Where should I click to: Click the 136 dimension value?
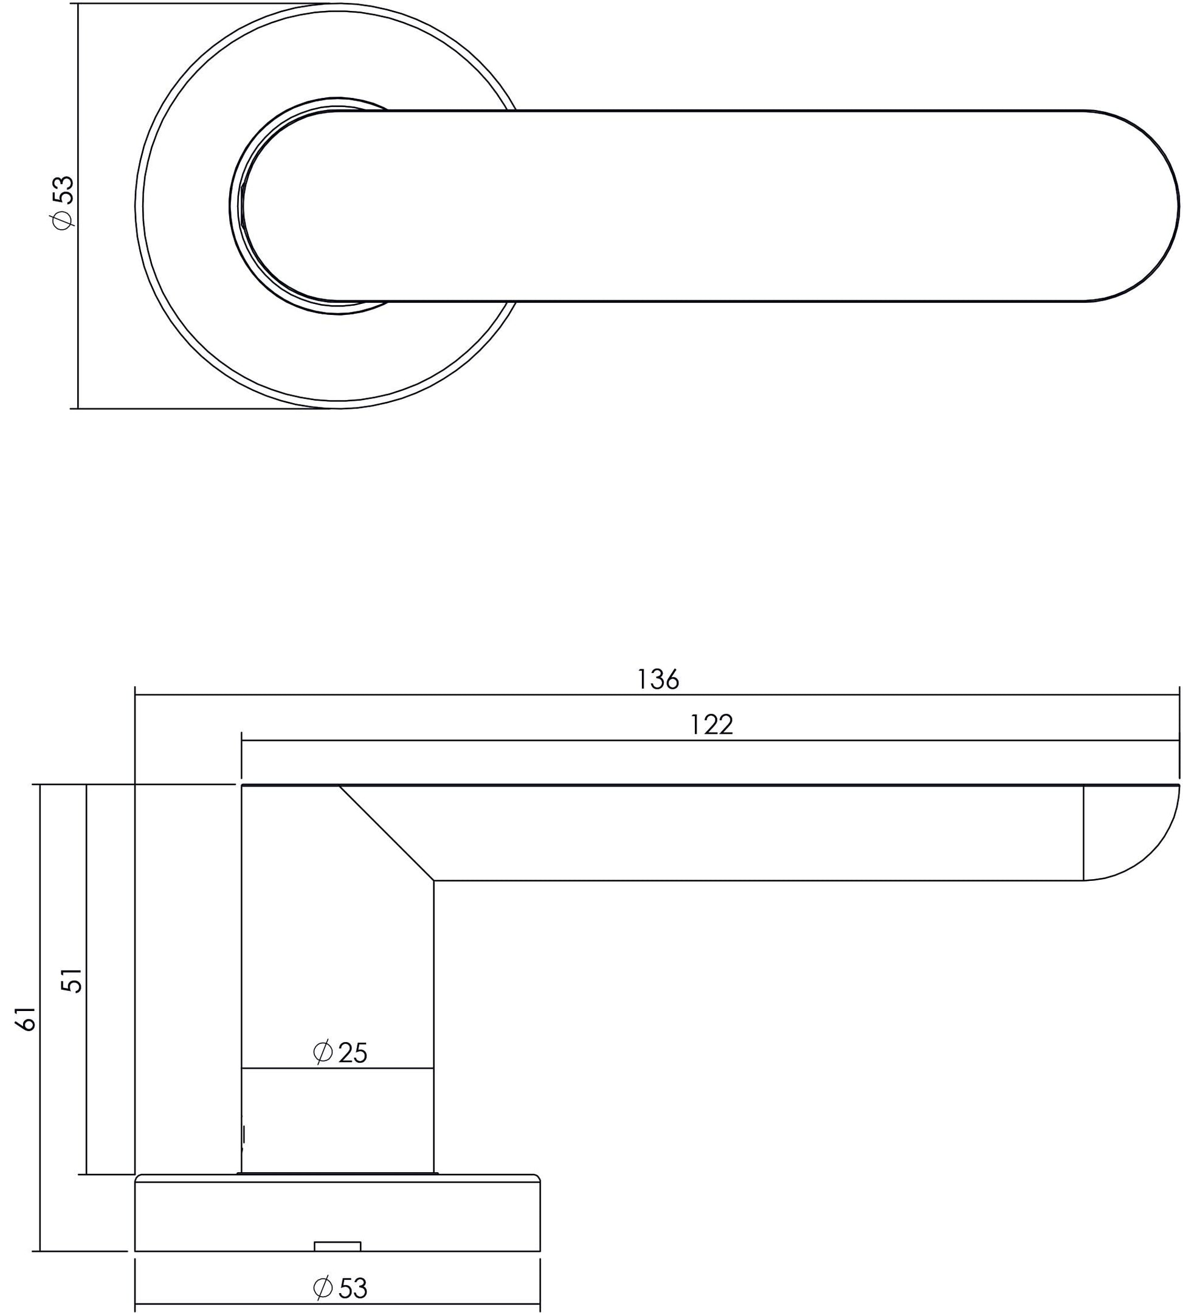tap(658, 680)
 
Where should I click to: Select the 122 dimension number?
tap(711, 725)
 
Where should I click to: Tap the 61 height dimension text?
tap(26, 1020)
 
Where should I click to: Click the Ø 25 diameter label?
tap(340, 1052)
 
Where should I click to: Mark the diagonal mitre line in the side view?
tap(386, 834)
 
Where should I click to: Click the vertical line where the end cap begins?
tap(1083, 834)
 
